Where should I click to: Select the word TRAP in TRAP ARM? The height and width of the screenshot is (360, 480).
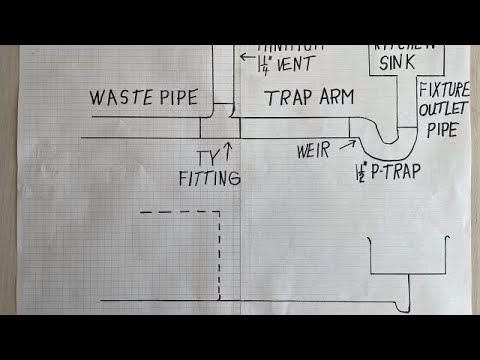pos(289,98)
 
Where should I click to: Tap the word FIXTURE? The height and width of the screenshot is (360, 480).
pos(443,89)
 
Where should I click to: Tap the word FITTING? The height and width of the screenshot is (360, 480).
pos(209,179)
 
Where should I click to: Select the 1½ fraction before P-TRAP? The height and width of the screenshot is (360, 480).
pos(361,172)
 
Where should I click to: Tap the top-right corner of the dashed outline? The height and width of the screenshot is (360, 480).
pos(219,212)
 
